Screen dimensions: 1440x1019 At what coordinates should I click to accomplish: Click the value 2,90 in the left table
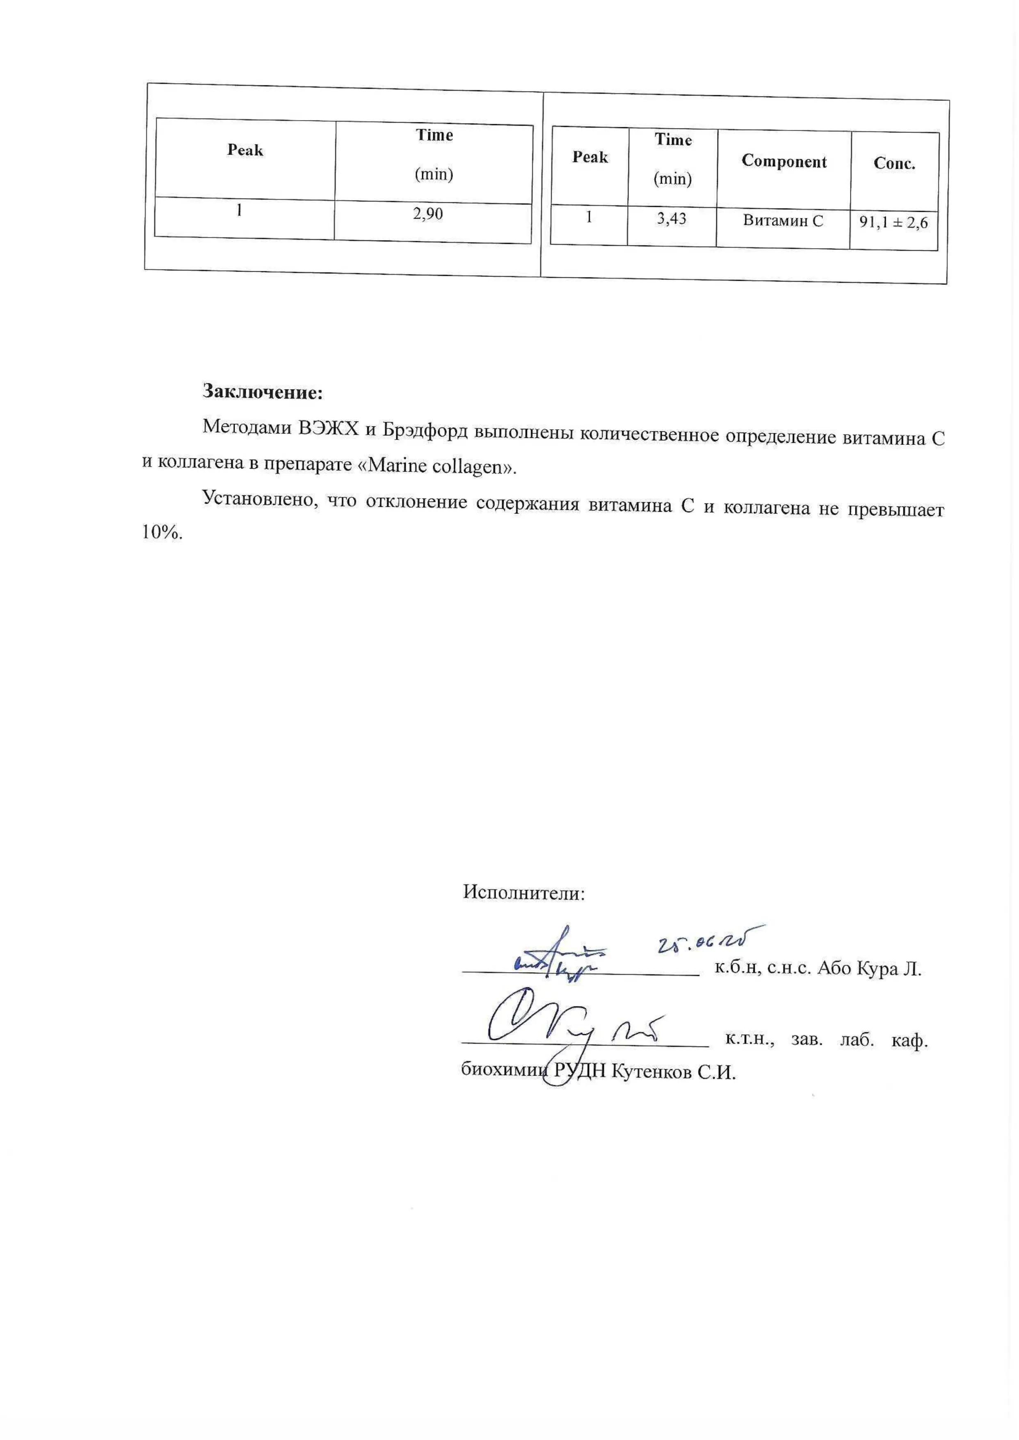pos(427,214)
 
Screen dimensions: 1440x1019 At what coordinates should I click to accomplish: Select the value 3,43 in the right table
pos(672,219)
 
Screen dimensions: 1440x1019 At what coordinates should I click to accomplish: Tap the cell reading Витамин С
pos(782,220)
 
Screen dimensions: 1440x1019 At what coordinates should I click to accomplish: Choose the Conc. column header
pos(894,164)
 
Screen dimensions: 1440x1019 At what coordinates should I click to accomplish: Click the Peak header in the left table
pos(245,150)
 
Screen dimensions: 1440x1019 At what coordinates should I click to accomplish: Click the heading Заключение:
pos(262,392)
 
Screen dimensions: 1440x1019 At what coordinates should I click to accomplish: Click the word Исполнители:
pos(523,892)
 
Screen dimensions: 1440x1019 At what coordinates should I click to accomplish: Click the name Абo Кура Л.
pos(869,968)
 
